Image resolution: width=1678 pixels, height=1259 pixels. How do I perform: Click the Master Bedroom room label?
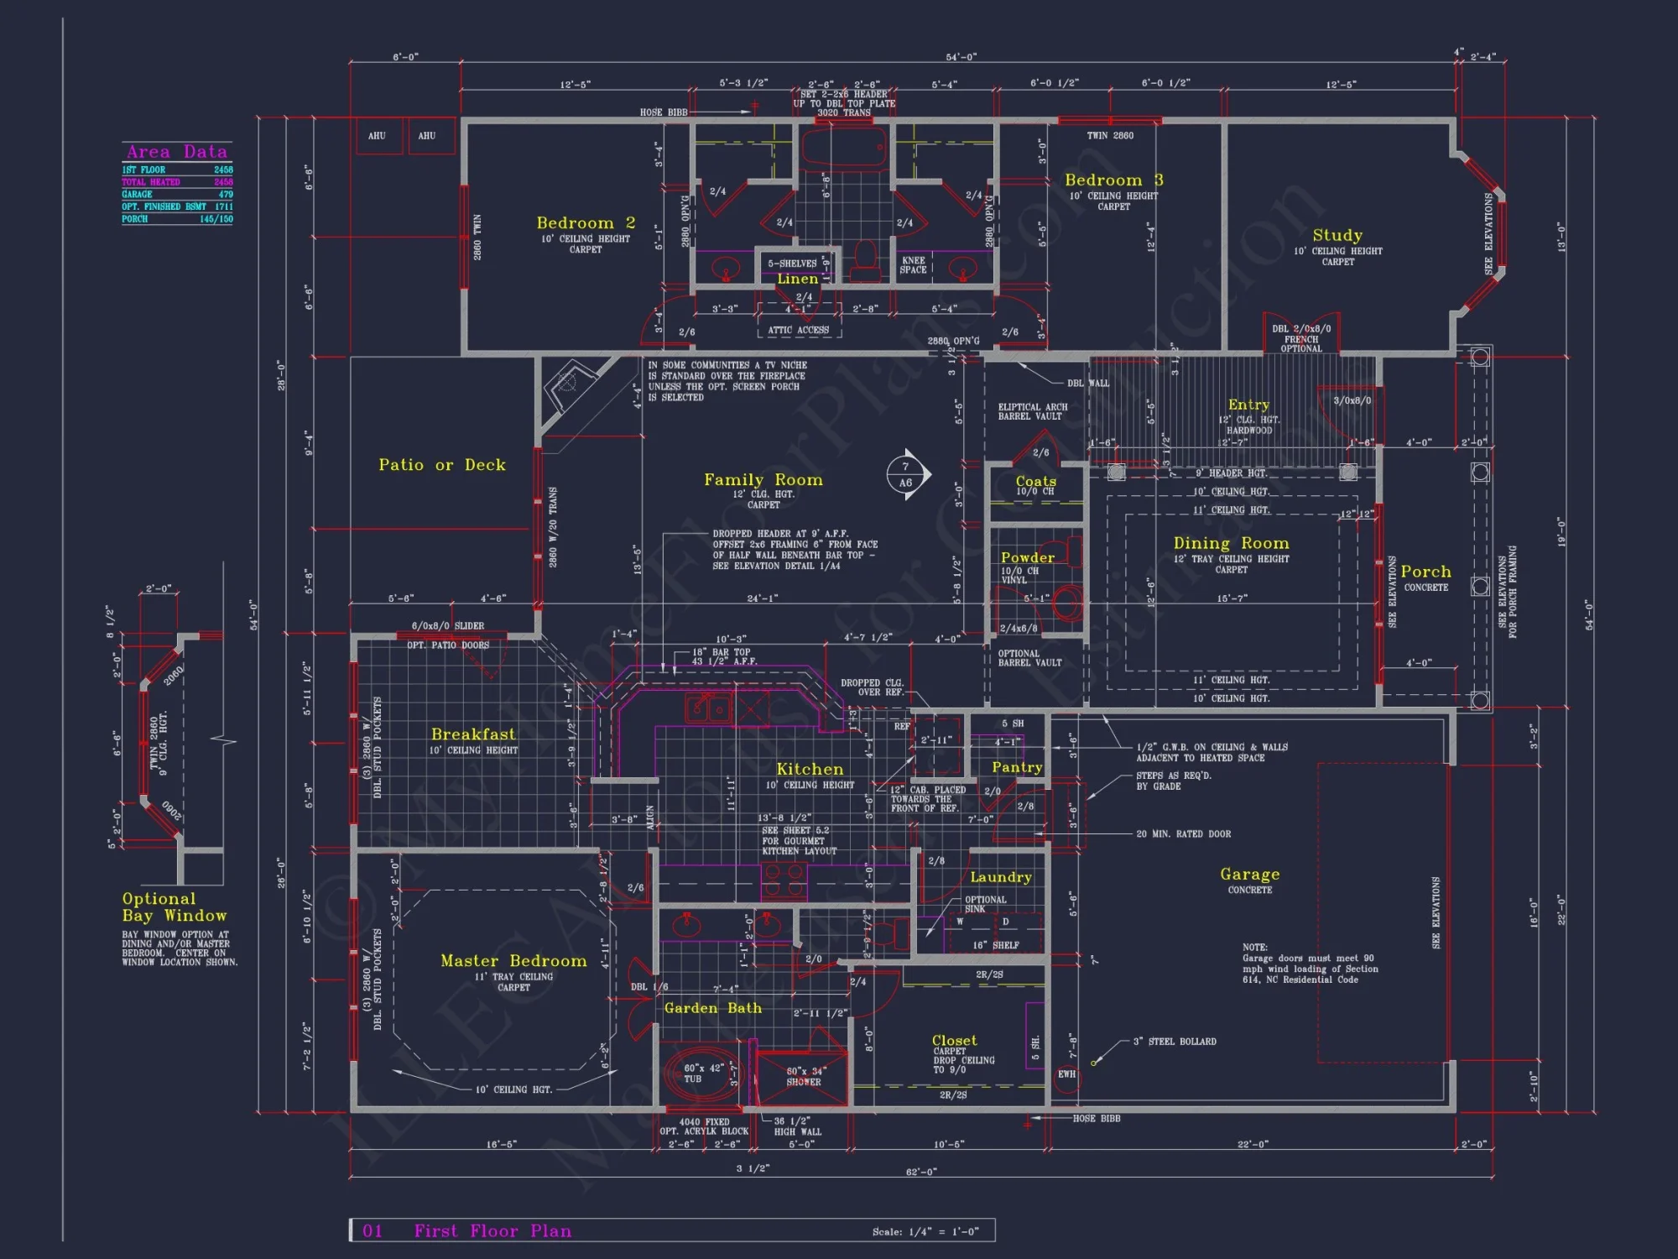click(513, 961)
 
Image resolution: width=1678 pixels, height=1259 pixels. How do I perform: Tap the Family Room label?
click(763, 480)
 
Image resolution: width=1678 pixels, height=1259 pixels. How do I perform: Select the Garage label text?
click(1249, 875)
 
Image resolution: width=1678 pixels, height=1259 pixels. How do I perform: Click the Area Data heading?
click(177, 152)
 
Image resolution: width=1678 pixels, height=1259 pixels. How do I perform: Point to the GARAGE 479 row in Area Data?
click(177, 194)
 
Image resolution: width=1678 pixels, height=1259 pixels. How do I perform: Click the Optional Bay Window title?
click(174, 907)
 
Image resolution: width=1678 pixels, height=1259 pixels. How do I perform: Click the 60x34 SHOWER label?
click(804, 1077)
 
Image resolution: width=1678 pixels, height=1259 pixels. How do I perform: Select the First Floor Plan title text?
click(492, 1231)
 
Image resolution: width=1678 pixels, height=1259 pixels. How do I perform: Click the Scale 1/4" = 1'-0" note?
click(925, 1232)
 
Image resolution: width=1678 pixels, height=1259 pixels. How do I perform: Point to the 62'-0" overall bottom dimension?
click(921, 1172)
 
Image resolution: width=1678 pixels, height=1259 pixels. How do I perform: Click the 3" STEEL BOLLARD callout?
click(1174, 1042)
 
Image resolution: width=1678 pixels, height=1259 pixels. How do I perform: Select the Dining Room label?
click(1231, 544)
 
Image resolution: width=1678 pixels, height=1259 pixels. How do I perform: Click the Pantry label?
click(1017, 767)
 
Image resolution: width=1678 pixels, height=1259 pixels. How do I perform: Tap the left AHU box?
click(377, 136)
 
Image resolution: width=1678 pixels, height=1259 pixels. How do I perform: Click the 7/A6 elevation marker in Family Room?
click(906, 475)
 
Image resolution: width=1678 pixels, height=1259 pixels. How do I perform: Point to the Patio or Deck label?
click(442, 465)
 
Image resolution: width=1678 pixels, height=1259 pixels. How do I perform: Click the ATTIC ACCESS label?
click(798, 331)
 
